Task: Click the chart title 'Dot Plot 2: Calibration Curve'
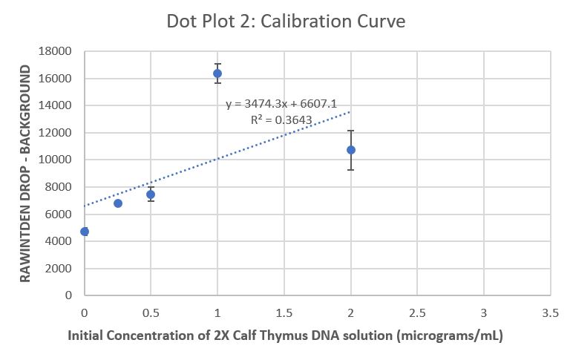point(286,21)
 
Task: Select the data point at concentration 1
point(217,73)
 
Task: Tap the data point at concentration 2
point(351,150)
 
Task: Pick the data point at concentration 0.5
point(151,194)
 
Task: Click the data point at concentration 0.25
point(117,203)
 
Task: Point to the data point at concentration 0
point(85,232)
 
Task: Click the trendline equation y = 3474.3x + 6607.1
point(281,105)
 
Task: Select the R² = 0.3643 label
point(281,119)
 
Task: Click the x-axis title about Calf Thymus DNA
point(286,336)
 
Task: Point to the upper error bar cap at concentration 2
point(351,131)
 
